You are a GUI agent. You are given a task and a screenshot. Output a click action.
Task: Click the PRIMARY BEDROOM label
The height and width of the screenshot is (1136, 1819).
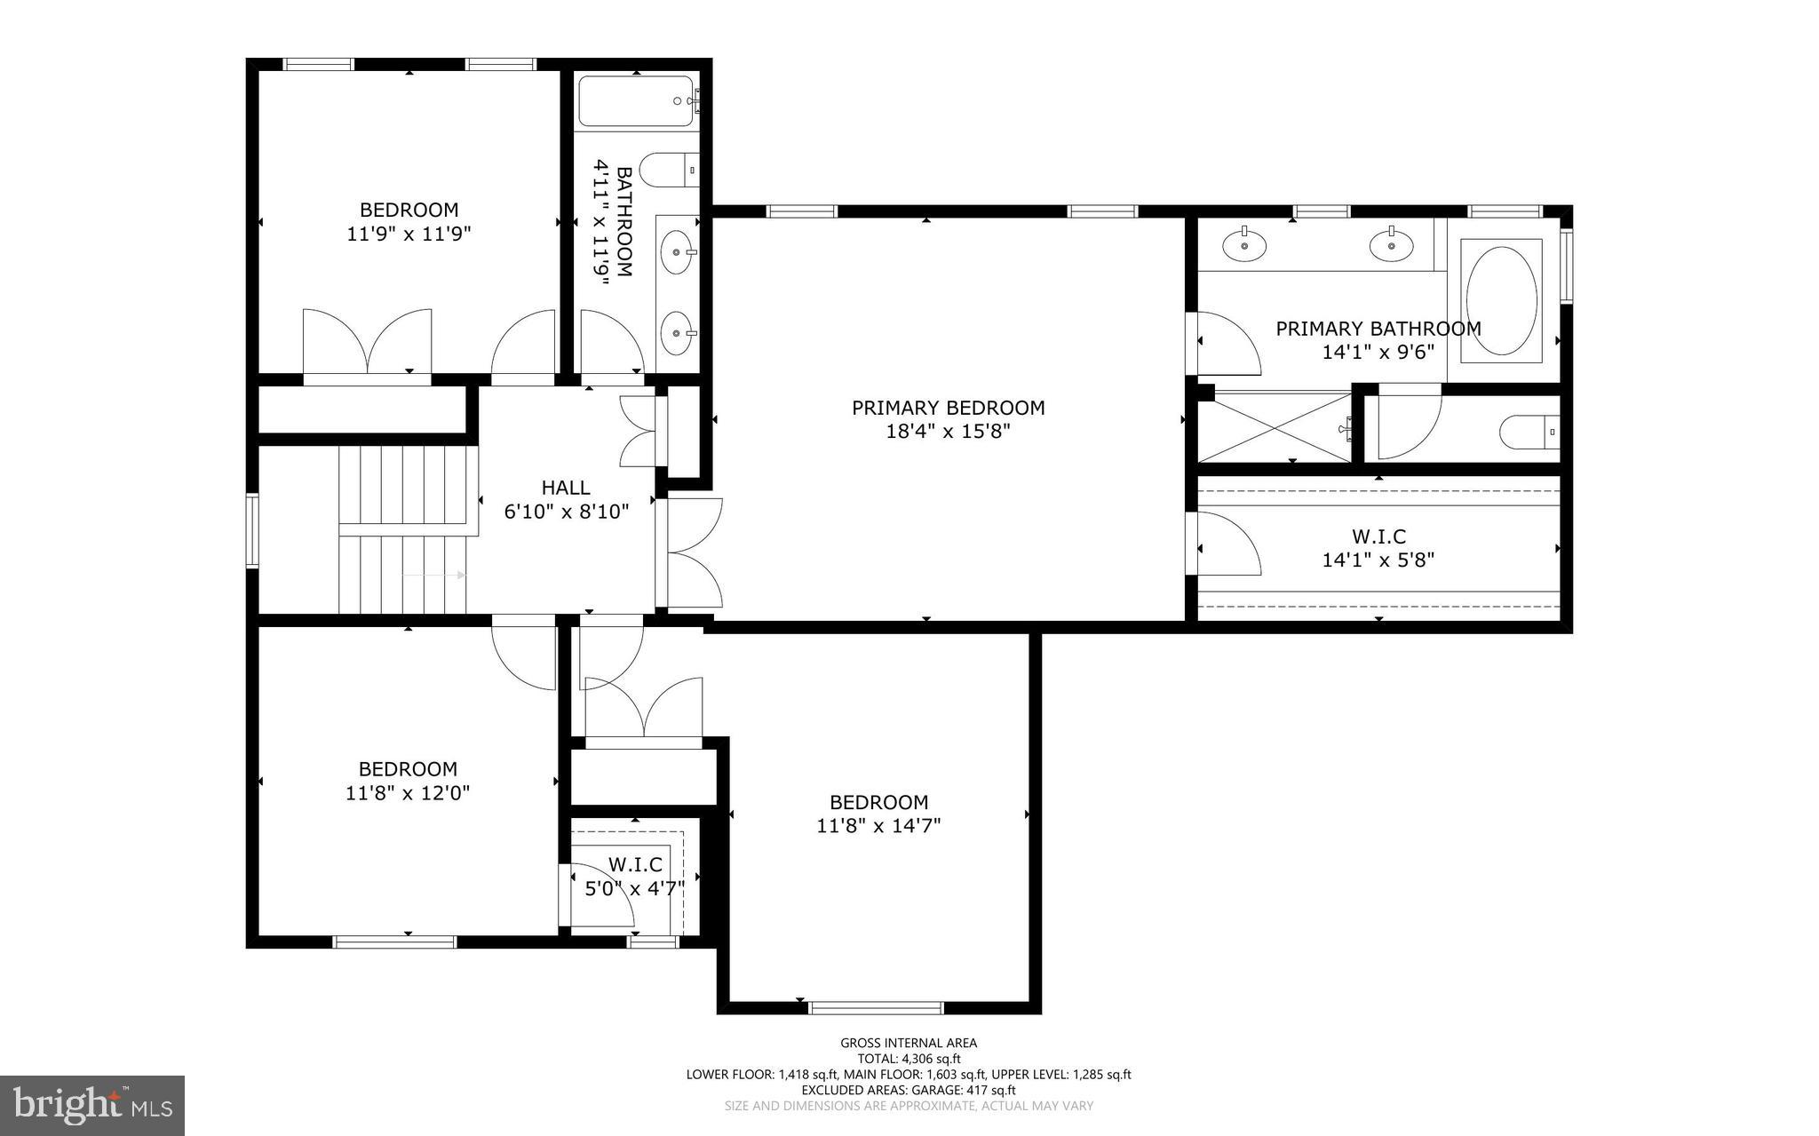pos(948,408)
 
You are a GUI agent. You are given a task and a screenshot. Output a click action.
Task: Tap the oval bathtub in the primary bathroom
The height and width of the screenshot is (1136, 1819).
pos(1501,300)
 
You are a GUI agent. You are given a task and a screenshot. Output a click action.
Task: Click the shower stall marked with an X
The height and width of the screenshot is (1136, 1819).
pos(1275,428)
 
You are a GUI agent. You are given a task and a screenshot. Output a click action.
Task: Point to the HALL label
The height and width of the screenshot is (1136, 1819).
pos(566,488)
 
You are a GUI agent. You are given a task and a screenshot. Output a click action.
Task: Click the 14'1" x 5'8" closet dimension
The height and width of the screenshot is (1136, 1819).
pos(1378,560)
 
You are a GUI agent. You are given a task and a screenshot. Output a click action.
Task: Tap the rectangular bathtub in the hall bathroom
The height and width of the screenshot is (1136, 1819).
pos(635,100)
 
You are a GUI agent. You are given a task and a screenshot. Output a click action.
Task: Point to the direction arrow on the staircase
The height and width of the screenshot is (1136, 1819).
pos(433,576)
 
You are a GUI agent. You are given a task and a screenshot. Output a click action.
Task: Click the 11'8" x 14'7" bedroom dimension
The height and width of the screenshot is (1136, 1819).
pos(878,826)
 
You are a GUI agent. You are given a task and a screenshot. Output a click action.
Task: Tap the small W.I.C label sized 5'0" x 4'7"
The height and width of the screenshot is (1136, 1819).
pos(635,865)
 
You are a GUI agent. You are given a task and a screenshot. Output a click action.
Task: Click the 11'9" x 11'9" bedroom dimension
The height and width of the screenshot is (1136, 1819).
pos(409,234)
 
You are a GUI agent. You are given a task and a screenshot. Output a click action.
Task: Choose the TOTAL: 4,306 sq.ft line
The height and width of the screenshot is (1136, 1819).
pos(909,1059)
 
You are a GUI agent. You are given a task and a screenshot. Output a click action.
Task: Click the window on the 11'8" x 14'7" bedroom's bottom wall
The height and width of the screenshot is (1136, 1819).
pos(876,1007)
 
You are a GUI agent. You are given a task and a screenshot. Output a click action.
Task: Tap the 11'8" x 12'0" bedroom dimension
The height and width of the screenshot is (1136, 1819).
pos(408,793)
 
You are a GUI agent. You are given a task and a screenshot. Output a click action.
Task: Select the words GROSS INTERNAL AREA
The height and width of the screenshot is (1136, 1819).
pos(909,1043)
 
